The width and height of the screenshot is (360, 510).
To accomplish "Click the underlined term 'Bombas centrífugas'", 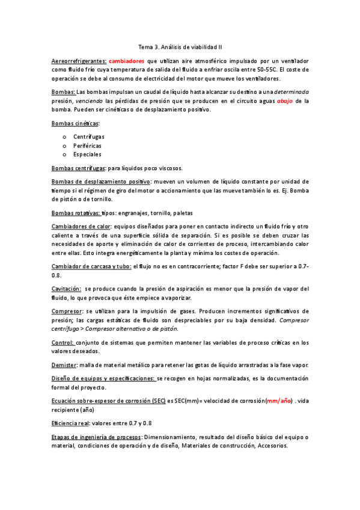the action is tap(79, 168).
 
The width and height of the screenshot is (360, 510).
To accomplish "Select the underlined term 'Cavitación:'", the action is tap(66, 289).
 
